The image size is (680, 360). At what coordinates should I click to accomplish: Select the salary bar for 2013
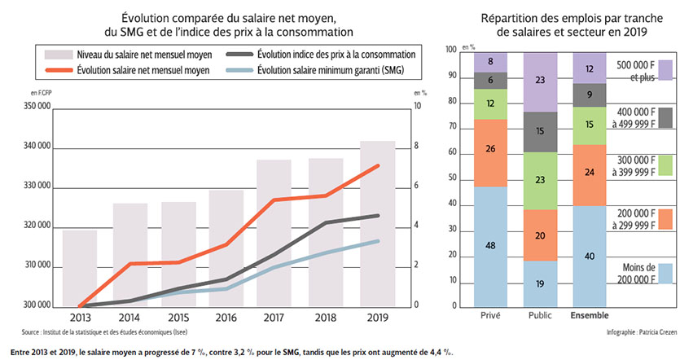[x=80, y=268]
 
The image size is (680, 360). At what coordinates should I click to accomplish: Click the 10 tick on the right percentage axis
[x=418, y=107]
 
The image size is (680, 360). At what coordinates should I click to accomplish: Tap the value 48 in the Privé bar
[x=490, y=246]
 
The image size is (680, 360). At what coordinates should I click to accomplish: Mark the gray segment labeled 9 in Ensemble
[x=588, y=94]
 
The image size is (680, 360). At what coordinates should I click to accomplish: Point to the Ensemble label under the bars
[x=588, y=314]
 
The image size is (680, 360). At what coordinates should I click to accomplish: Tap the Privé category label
[x=490, y=314]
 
